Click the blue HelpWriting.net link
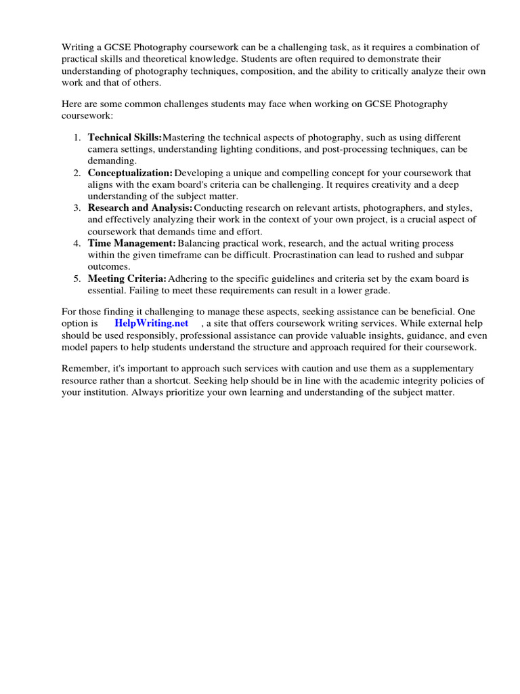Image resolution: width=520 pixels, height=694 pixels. point(151,323)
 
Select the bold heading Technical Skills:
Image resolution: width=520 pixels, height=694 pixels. point(125,137)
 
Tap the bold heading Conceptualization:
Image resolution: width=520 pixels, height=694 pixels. point(130,173)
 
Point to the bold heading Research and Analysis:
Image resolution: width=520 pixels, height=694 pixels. point(139,207)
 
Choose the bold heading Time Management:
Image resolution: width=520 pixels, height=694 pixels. point(131,243)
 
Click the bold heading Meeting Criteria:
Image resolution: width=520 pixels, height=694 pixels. point(127,278)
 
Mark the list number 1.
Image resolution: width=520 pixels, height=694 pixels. point(76,137)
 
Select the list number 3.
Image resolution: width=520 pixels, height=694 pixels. point(76,207)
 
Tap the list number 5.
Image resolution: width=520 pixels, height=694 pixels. point(76,278)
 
